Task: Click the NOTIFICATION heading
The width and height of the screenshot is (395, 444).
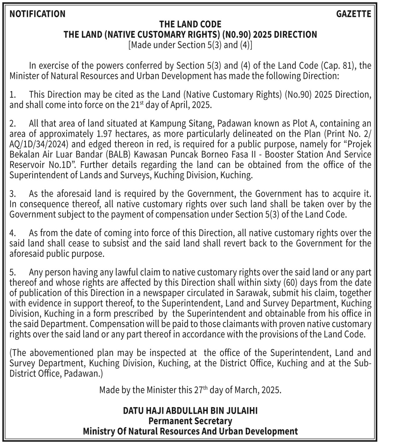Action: click(x=38, y=14)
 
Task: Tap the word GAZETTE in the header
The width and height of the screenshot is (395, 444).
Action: click(x=353, y=14)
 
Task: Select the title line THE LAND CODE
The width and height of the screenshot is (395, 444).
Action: click(x=190, y=24)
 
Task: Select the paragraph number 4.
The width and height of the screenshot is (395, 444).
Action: click(x=12, y=233)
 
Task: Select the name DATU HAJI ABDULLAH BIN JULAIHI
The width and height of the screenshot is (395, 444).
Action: click(x=190, y=411)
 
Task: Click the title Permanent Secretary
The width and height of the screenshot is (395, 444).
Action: click(x=190, y=421)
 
